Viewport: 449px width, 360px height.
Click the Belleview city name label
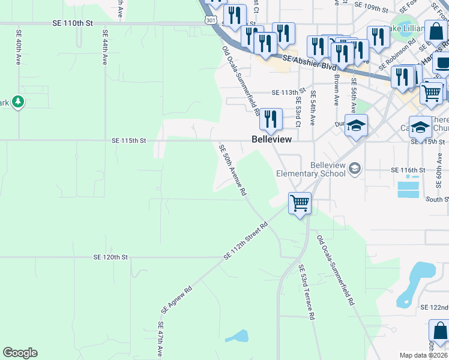(x=271, y=139)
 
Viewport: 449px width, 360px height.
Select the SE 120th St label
(x=111, y=257)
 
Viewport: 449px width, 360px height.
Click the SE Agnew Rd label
(x=176, y=299)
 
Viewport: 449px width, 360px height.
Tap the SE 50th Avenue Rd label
(x=233, y=170)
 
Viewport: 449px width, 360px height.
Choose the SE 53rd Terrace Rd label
(x=306, y=292)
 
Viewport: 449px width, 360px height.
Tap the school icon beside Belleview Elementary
(x=355, y=167)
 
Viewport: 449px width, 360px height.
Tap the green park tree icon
(x=19, y=102)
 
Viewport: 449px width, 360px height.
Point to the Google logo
(x=20, y=353)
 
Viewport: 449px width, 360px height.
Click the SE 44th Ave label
(x=105, y=47)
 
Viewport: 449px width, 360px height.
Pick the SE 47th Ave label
(x=161, y=340)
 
